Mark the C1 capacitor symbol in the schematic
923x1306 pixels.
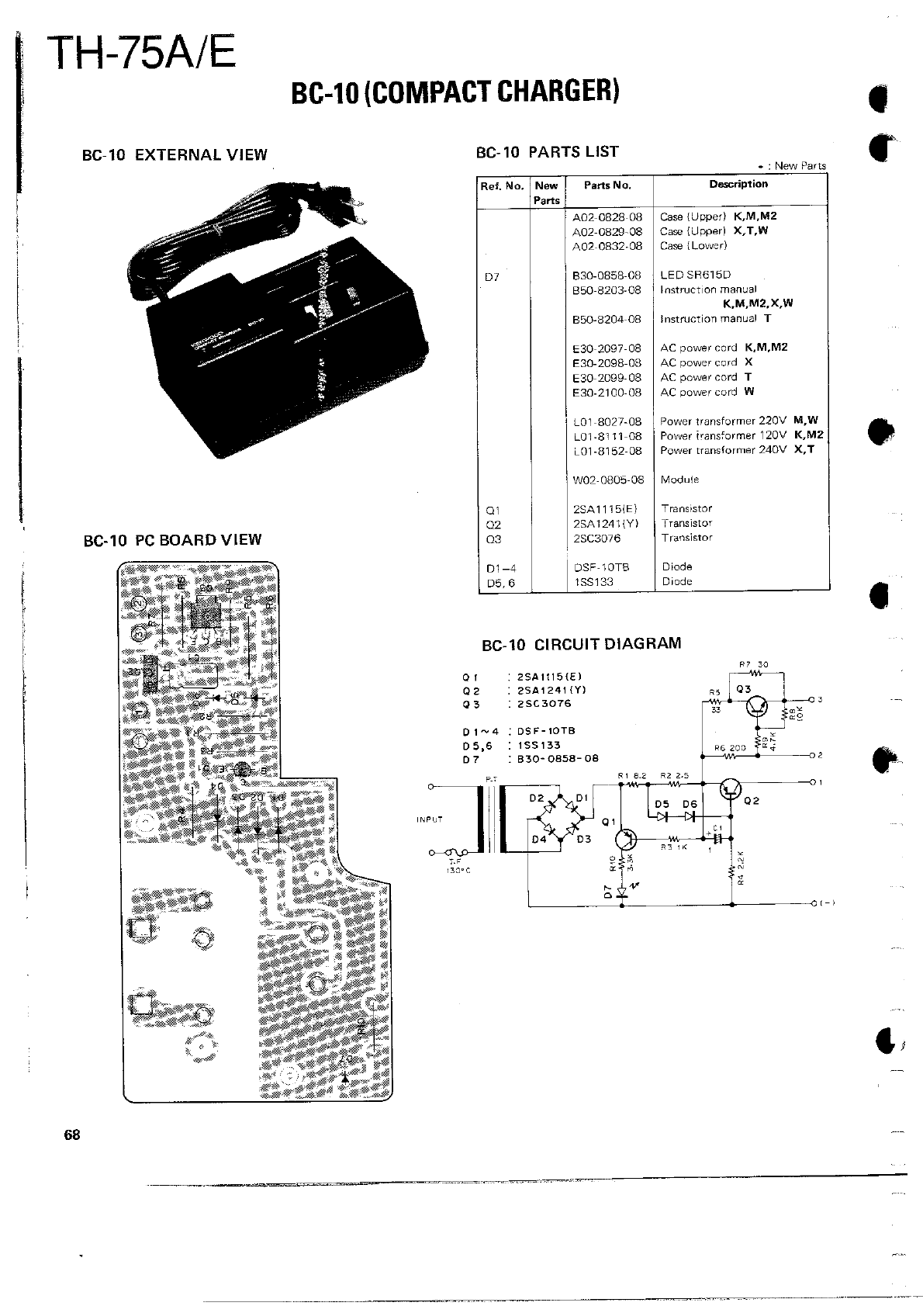[717, 838]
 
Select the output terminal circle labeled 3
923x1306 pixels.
[811, 700]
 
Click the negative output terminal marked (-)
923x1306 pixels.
[814, 904]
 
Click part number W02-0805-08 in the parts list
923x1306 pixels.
[608, 480]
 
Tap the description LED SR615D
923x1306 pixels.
[695, 275]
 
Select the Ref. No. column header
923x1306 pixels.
[503, 185]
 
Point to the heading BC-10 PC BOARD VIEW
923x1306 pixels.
[172, 540]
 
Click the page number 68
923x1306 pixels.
[72, 1135]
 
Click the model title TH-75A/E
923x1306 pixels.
[140, 53]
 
